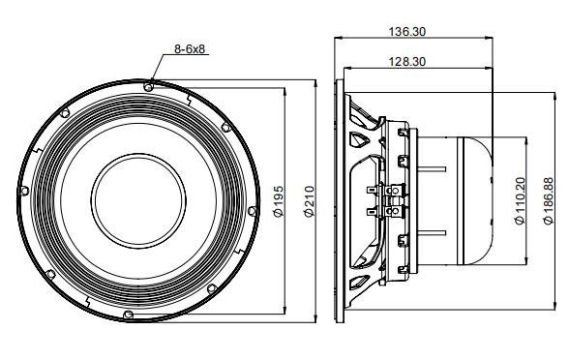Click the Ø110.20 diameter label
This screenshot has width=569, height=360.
tap(520, 200)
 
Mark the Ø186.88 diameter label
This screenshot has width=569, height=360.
tap(549, 200)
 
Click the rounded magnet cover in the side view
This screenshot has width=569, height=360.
tap(479, 200)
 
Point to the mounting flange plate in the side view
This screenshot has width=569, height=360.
tap(340, 200)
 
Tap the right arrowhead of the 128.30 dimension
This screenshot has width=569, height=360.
tap(492, 68)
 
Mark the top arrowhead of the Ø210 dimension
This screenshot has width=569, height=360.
tap(315, 82)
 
